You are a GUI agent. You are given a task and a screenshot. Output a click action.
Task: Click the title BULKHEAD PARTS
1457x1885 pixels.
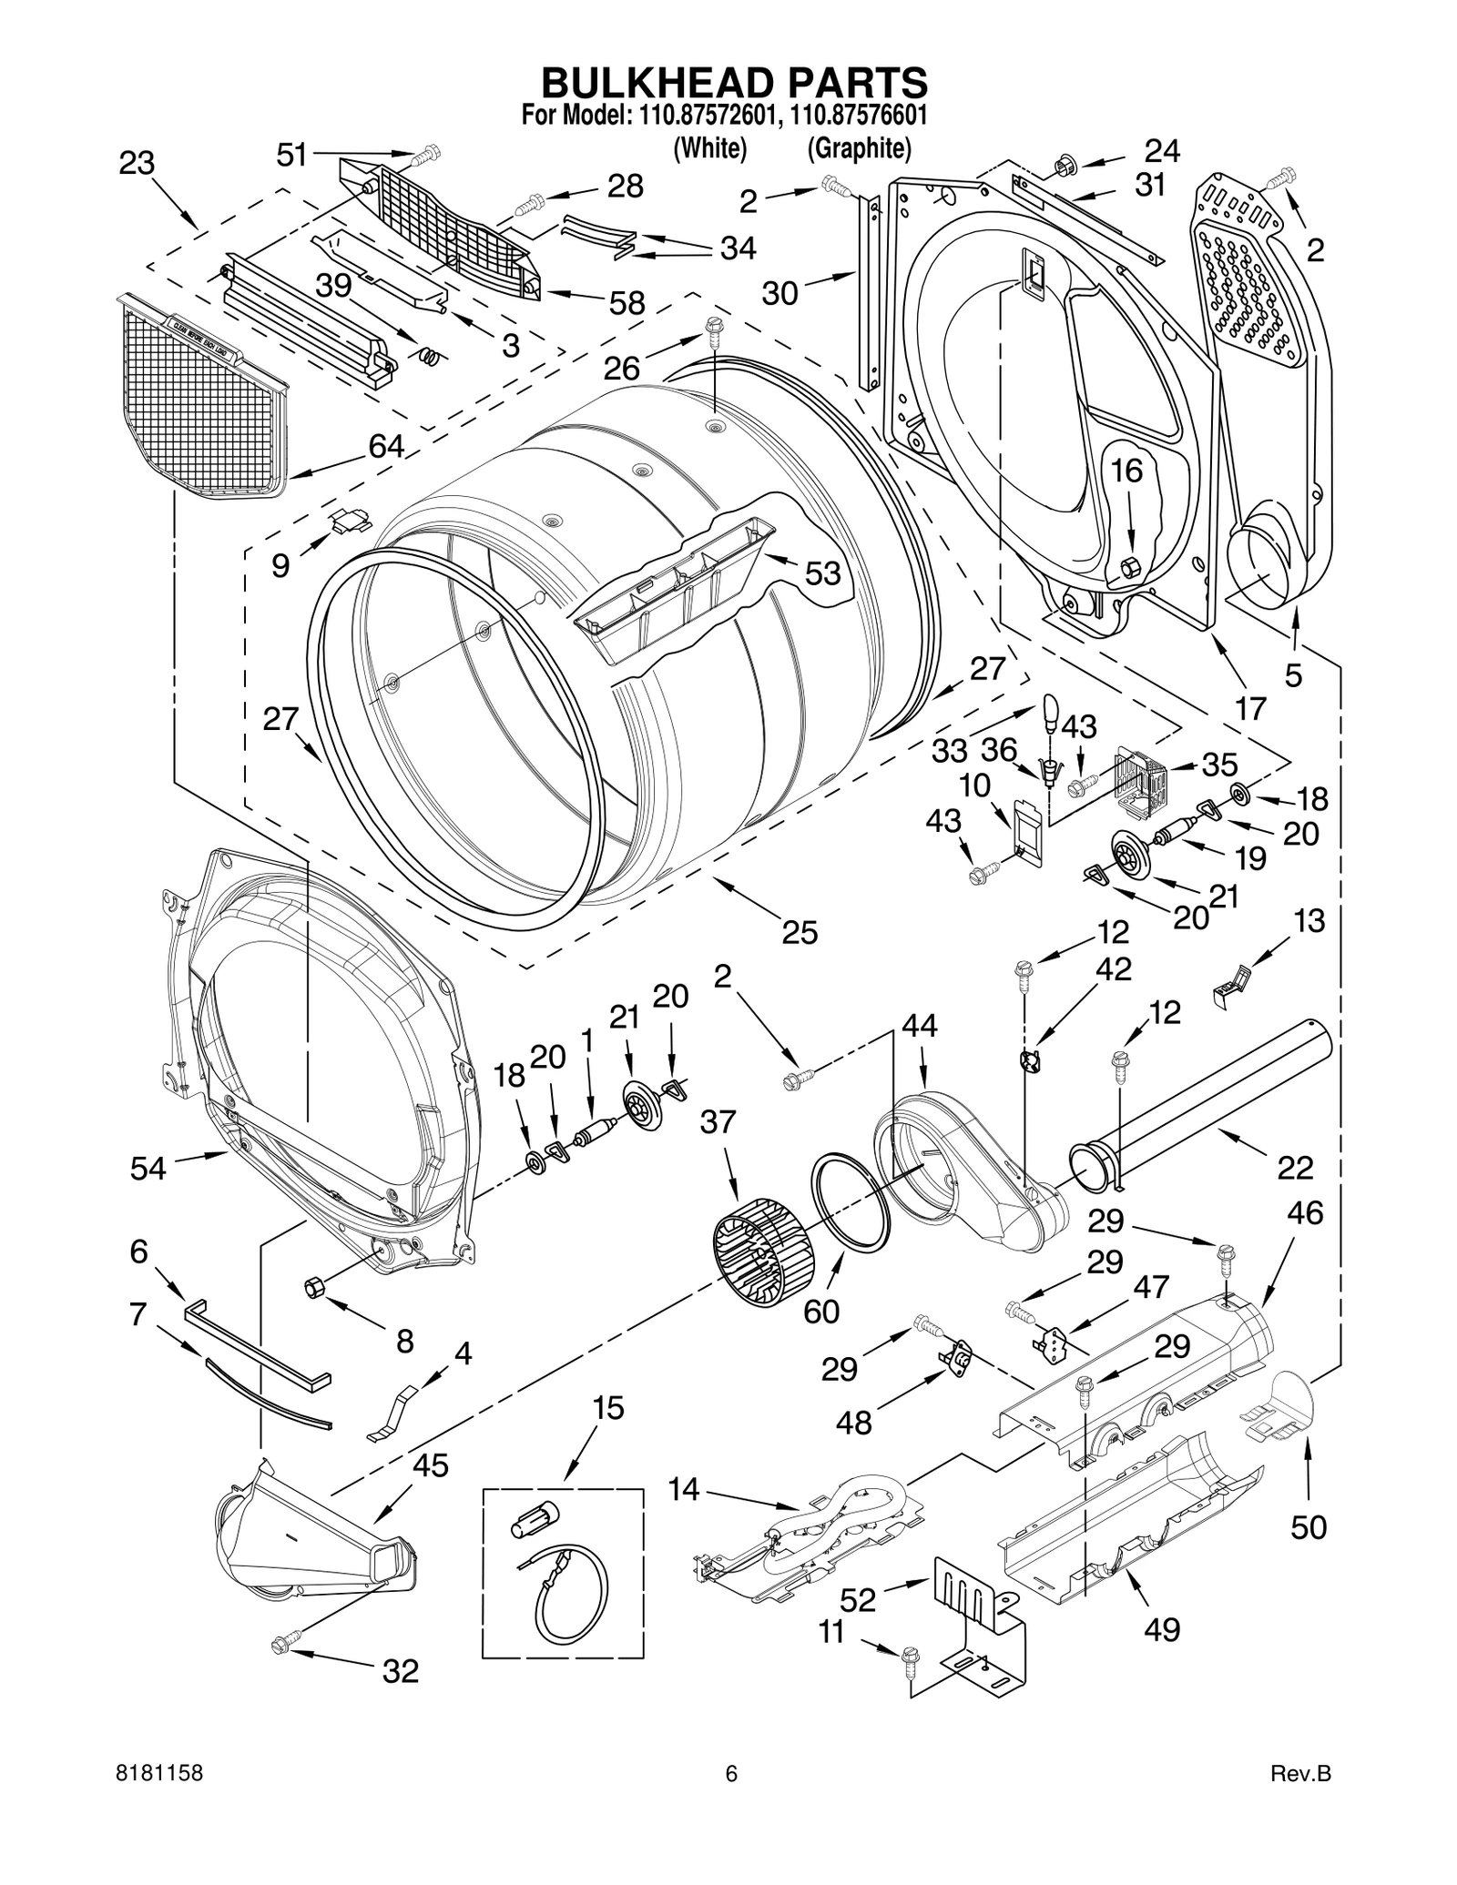(734, 82)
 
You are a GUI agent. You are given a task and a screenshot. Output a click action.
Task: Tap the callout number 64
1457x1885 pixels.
(386, 446)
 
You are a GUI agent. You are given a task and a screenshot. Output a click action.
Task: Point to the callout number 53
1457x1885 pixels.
(821, 573)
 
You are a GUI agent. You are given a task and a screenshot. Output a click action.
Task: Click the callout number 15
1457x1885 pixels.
(607, 1408)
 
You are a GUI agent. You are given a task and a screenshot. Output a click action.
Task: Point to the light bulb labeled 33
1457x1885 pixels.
(1050, 713)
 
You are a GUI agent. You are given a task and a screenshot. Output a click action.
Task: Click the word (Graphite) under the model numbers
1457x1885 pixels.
(859, 148)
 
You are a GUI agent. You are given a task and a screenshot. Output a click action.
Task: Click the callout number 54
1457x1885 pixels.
(148, 1168)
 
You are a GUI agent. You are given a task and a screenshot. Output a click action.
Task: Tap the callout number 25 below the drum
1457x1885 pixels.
(799, 933)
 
